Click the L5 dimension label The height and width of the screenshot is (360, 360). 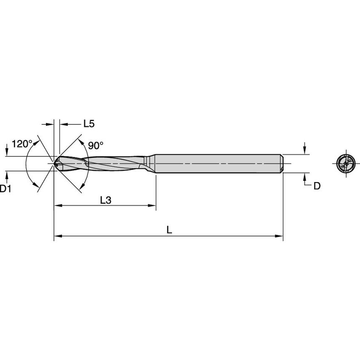coord(89,124)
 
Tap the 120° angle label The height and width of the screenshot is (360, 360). coord(22,144)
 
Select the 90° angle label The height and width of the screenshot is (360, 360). coord(96,145)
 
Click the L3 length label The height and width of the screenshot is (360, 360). coord(105,201)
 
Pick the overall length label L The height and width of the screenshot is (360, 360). coord(169,230)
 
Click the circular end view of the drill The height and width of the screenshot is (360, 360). coord(345,163)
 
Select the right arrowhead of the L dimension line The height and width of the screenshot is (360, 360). coord(279,236)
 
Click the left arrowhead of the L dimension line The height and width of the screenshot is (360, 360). coord(57,236)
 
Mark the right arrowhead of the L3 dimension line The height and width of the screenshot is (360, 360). coord(153,206)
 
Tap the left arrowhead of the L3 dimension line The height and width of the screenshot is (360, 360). coord(57,206)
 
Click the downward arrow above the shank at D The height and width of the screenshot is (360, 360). coord(305,150)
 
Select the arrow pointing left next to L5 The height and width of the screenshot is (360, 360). coord(63,124)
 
